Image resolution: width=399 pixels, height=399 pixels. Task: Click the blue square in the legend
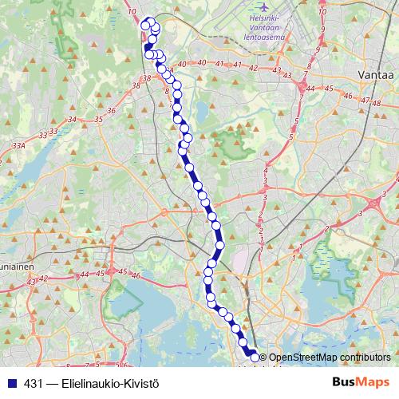pyautogui.click(x=9, y=384)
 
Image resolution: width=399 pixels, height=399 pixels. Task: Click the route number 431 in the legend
pyautogui.click(x=33, y=384)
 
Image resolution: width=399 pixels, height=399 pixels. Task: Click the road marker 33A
pyautogui.click(x=20, y=146)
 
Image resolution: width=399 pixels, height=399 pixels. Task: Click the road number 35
pyautogui.click(x=98, y=120)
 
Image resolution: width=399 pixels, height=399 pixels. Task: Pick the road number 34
pyautogui.click(x=72, y=120)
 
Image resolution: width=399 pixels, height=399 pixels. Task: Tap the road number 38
pyautogui.click(x=144, y=78)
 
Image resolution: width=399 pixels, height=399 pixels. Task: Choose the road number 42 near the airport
pyautogui.click(x=254, y=68)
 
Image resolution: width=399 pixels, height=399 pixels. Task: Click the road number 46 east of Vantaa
pyautogui.click(x=346, y=95)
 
